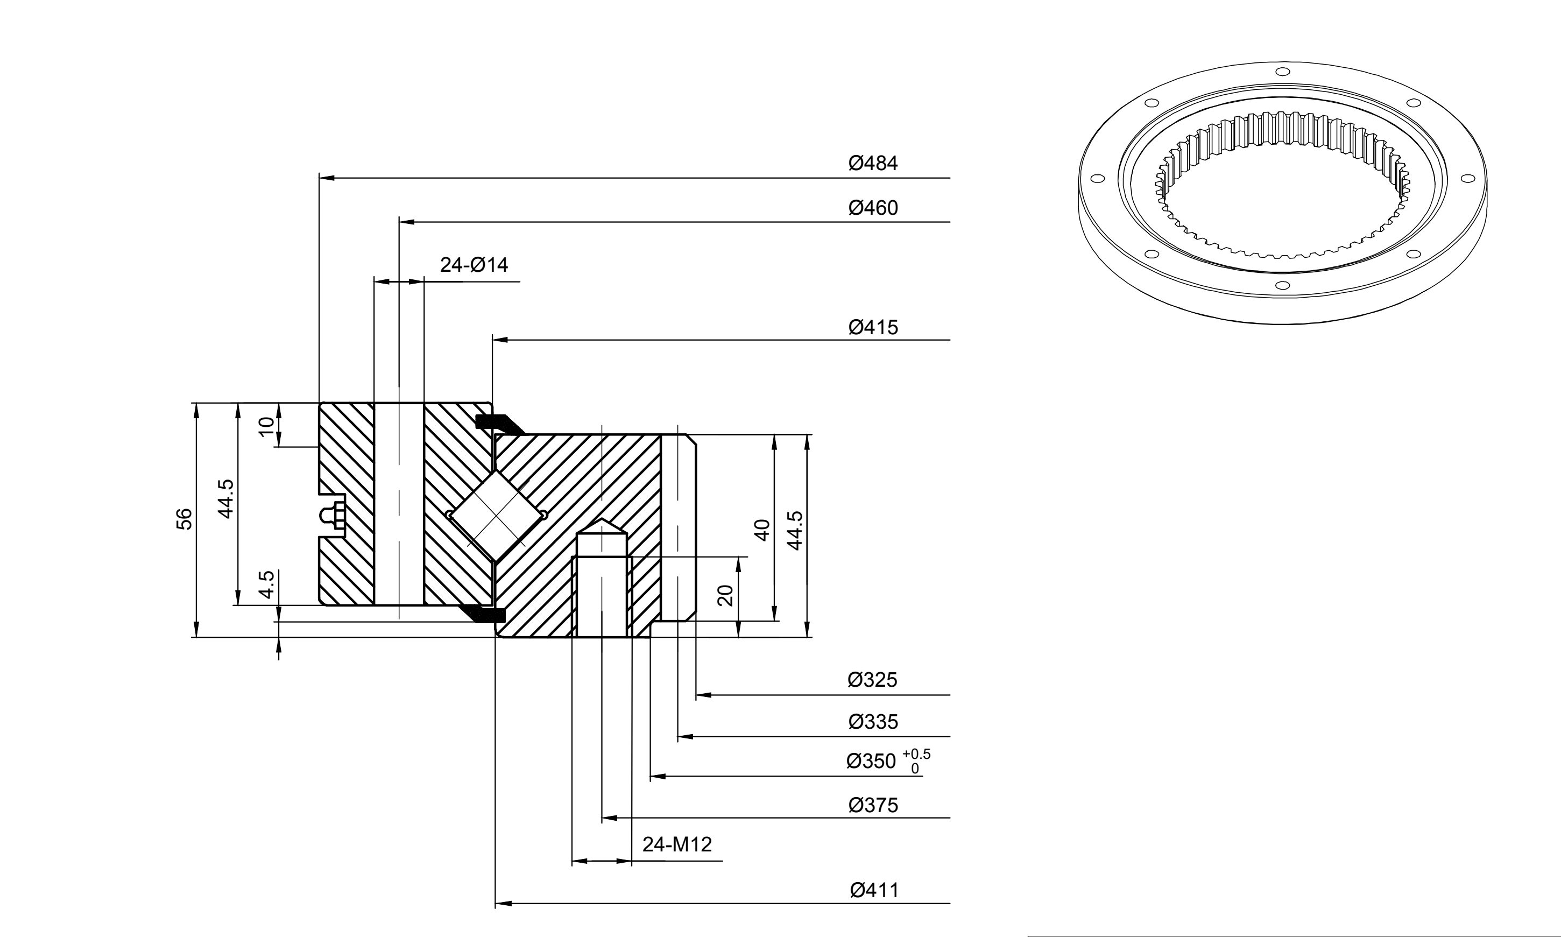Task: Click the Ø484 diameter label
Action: point(873,163)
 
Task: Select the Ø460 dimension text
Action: point(873,208)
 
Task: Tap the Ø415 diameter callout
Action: point(873,327)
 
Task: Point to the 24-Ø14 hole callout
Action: point(474,265)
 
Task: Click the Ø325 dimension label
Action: point(872,680)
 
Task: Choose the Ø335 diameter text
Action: point(873,722)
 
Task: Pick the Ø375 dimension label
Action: point(873,805)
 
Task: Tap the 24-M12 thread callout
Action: point(677,844)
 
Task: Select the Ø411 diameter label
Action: point(874,890)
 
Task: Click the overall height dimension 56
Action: point(183,518)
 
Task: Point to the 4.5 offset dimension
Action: point(267,584)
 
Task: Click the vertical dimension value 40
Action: point(762,530)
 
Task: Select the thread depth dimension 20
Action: point(726,595)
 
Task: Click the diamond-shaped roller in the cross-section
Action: point(496,515)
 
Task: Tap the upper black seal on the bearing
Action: point(499,424)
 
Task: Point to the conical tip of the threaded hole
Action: point(603,520)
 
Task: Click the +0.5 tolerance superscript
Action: point(916,754)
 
